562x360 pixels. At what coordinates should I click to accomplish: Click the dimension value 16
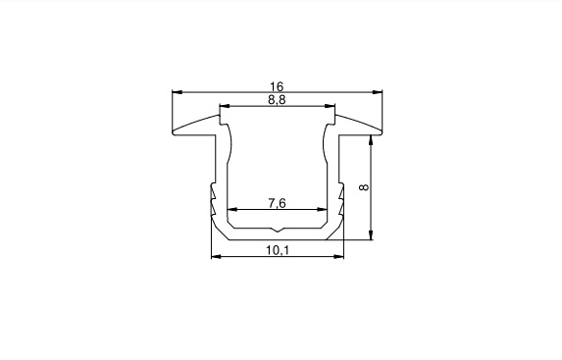click(x=277, y=86)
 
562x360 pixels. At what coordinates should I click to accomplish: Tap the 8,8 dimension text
click(x=277, y=100)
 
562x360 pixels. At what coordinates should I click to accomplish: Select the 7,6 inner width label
click(x=277, y=203)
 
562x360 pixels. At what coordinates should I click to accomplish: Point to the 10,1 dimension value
click(x=277, y=250)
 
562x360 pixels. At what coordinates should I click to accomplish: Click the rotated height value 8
click(x=364, y=187)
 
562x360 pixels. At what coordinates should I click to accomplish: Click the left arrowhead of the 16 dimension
click(x=178, y=92)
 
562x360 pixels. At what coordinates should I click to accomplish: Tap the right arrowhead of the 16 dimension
click(x=377, y=92)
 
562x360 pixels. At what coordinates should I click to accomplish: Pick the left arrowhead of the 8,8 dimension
click(x=225, y=106)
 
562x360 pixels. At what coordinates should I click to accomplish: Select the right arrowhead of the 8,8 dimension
click(x=330, y=106)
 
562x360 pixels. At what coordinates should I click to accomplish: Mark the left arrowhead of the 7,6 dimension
click(x=232, y=209)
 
